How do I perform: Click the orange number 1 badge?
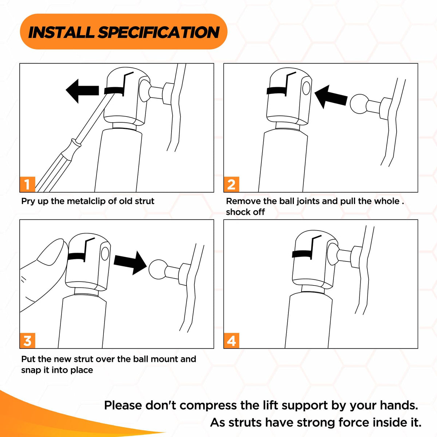[x=27, y=184]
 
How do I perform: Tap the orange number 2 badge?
[x=232, y=184]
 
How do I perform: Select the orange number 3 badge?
[x=27, y=340]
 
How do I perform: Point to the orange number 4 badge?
[x=232, y=340]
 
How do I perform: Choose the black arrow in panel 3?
[x=130, y=263]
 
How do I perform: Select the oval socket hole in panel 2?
[x=306, y=88]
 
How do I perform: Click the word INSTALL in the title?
[x=61, y=32]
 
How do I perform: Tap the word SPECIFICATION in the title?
[x=158, y=32]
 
